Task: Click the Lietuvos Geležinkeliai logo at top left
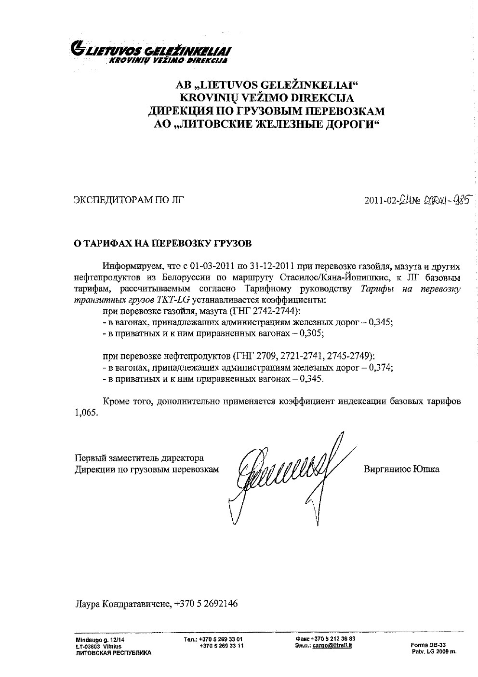click(x=150, y=53)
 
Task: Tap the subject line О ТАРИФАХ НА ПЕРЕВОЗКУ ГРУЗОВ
click(x=162, y=243)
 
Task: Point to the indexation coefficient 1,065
click(x=85, y=413)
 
